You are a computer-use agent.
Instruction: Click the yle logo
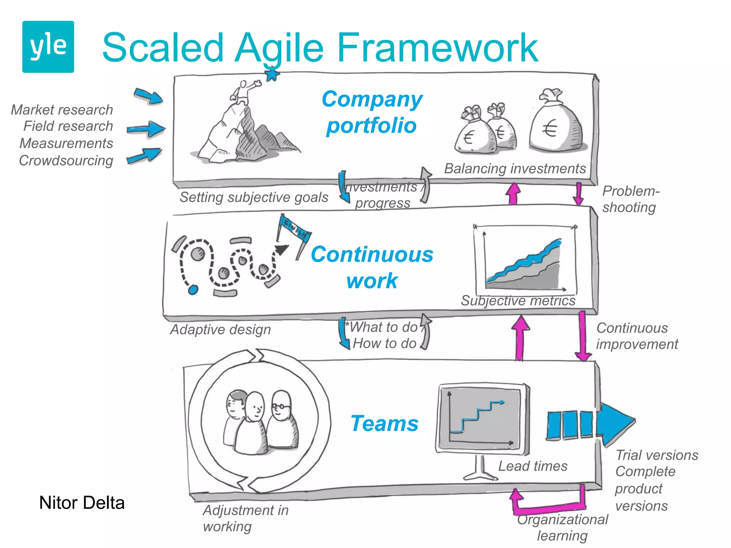pos(48,47)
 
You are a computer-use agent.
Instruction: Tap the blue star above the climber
pos(272,75)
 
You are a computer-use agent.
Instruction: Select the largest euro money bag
pos(556,123)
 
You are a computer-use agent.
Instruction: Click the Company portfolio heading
pos(372,112)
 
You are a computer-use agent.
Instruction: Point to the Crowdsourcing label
pos(66,161)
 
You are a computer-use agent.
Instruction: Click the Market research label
pos(62,110)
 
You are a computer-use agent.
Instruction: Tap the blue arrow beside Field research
pos(146,129)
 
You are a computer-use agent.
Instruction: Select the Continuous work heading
pos(372,267)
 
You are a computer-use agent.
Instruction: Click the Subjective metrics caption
pos(518,301)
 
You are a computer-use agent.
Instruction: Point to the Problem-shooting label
pos(630,199)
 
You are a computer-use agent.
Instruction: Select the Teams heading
pos(384,423)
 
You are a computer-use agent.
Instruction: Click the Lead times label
pos(533,466)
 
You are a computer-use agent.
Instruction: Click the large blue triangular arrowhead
pos(615,424)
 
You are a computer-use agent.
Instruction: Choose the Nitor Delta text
pos(82,503)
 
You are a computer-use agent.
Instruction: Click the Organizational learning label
pos(563,527)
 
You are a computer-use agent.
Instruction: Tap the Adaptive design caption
pos(221,330)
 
